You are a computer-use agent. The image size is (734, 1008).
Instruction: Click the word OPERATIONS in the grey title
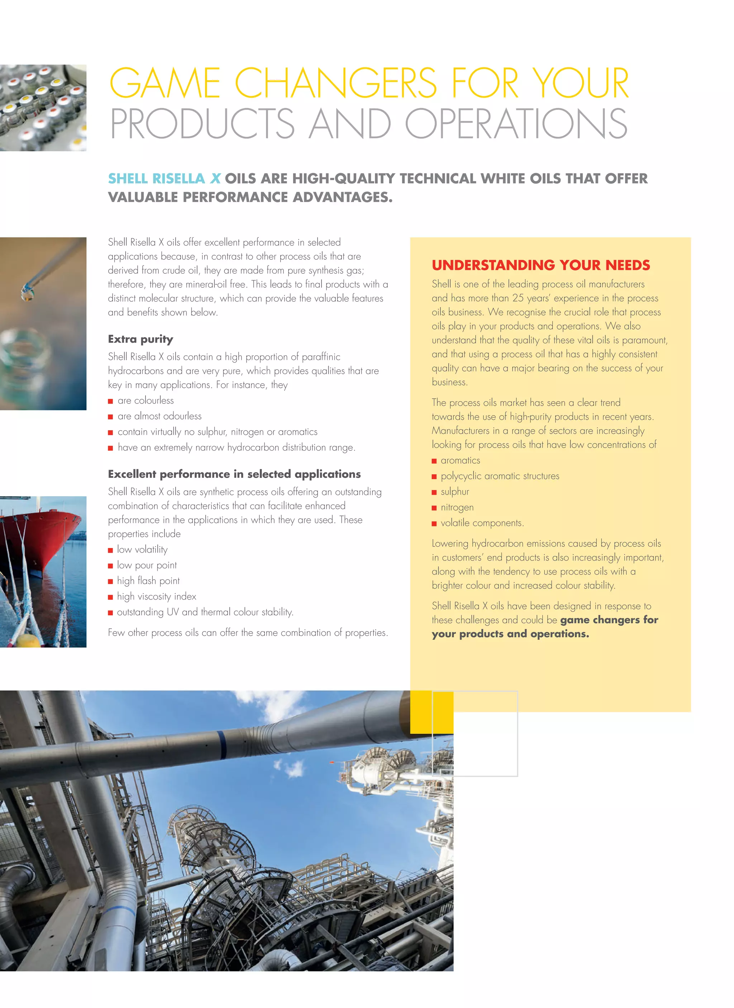(516, 124)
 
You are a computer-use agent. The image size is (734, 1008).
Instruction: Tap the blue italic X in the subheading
(215, 179)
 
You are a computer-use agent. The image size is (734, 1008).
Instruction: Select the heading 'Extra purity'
(140, 339)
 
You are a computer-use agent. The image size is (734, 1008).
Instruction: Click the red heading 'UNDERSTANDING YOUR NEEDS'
(540, 265)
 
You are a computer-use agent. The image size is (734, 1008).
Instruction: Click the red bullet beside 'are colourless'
(110, 401)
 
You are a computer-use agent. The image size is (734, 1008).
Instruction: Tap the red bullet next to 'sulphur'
(434, 493)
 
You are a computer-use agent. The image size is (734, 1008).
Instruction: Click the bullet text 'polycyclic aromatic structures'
(500, 476)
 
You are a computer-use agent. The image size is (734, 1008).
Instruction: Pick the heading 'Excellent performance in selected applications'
(234, 474)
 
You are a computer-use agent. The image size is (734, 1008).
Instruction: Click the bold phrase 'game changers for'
(609, 620)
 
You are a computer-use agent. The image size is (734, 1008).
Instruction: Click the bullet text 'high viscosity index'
(157, 596)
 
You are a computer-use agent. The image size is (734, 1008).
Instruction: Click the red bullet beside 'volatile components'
(434, 524)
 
